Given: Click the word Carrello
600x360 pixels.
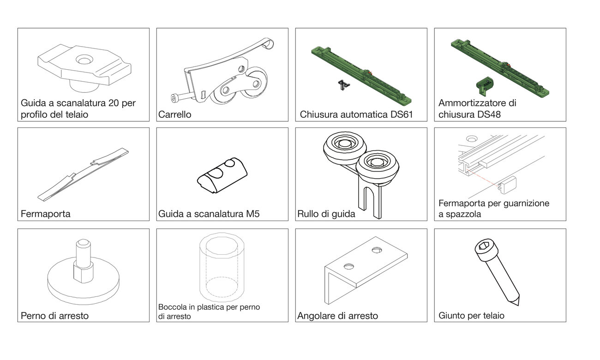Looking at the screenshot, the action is pyautogui.click(x=174, y=114).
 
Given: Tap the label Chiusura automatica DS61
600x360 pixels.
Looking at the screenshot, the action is pyautogui.click(x=356, y=114).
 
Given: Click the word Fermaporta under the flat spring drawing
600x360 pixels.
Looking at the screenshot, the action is pyautogui.click(x=46, y=214).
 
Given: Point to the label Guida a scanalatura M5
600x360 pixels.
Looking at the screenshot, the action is pyautogui.click(x=209, y=214).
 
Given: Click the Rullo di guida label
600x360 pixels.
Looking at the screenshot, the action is pyautogui.click(x=326, y=214).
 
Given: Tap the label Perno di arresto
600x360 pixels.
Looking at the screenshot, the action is pyautogui.click(x=54, y=316).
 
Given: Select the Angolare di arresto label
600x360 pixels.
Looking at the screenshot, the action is pyautogui.click(x=337, y=316).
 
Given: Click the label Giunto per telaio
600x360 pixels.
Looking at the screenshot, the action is pyautogui.click(x=471, y=315).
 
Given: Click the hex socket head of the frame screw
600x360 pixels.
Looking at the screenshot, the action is pyautogui.click(x=484, y=248).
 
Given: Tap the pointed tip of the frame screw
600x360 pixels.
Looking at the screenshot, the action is pyautogui.click(x=518, y=305).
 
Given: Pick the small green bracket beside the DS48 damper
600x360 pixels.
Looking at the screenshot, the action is pyautogui.click(x=485, y=86).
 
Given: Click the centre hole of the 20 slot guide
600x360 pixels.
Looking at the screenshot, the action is pyautogui.click(x=84, y=60).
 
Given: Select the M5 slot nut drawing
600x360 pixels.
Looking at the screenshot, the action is pyautogui.click(x=222, y=175).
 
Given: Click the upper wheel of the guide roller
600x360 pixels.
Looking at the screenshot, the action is pyautogui.click(x=345, y=146).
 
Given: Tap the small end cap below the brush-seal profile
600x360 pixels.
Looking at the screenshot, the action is pyautogui.click(x=507, y=185).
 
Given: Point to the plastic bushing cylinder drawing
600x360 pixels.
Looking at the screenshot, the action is pyautogui.click(x=222, y=267).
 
